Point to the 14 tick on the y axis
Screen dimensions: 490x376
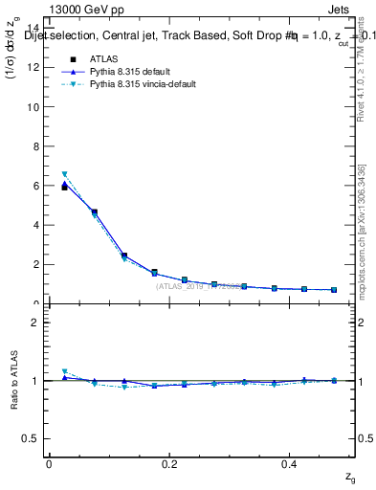(x=35, y=28)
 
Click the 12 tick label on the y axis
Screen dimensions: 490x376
(x=35, y=67)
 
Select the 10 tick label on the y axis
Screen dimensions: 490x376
(x=35, y=107)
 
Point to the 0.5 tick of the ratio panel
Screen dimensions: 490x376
(x=34, y=438)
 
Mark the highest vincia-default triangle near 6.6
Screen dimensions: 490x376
(x=64, y=174)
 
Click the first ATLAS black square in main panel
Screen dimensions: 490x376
(x=64, y=188)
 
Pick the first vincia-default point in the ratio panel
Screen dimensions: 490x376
(x=64, y=371)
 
